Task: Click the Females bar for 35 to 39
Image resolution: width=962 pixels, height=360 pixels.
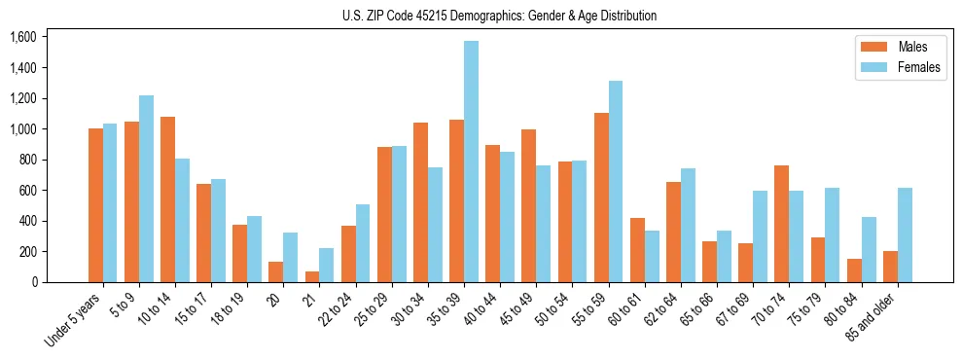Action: [471, 162]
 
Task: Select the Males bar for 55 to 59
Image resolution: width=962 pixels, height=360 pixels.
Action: [601, 198]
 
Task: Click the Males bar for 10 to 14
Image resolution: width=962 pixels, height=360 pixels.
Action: [167, 199]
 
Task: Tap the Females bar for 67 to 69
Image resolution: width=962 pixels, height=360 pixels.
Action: [761, 236]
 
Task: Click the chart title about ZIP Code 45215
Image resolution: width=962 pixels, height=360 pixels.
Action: [499, 16]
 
